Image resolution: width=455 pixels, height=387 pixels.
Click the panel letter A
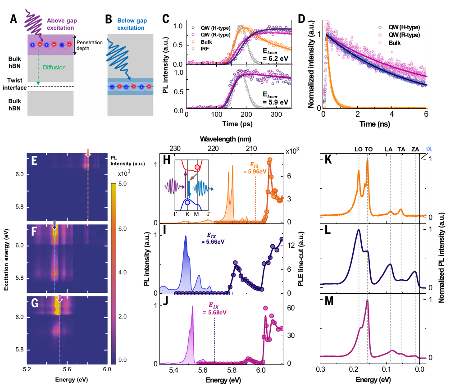click(x=14, y=19)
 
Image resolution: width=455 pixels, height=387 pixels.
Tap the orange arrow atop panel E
click(x=88, y=154)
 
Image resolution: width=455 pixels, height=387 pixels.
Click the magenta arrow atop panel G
click(x=59, y=298)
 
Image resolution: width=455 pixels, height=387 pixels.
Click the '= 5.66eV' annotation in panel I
click(x=214, y=241)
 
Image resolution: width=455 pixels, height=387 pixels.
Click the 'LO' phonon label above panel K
click(x=359, y=149)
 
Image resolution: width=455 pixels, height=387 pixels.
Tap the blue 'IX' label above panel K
click(x=428, y=149)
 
